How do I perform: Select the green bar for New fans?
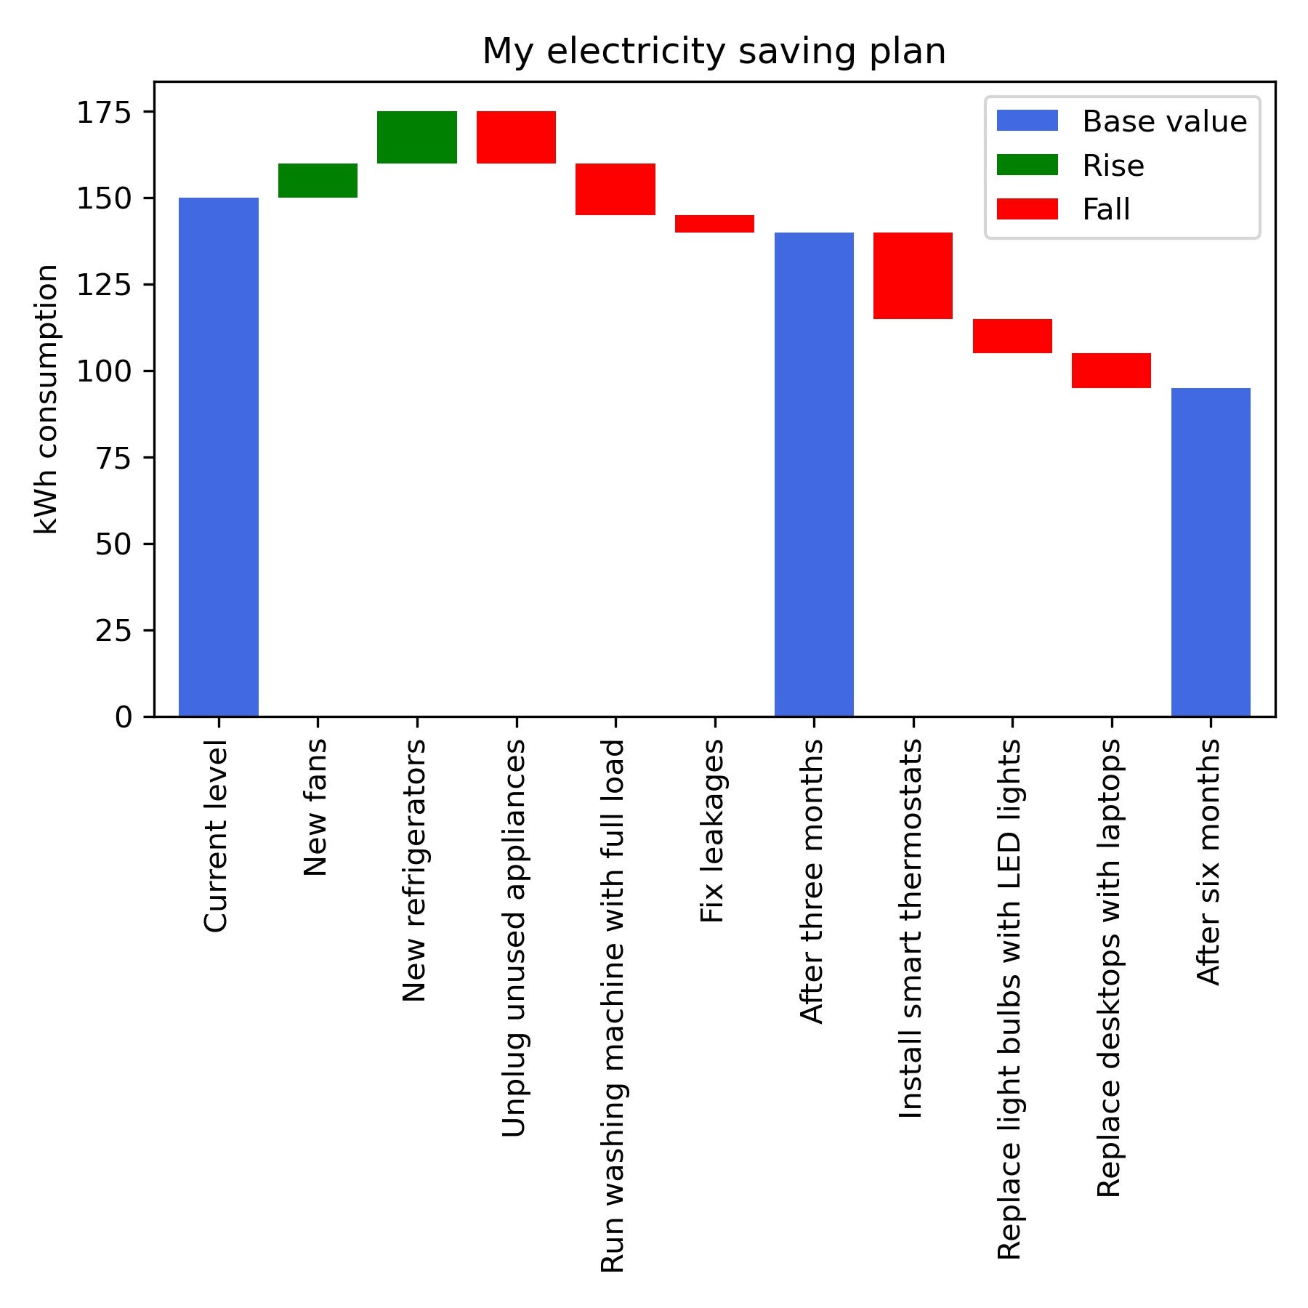(318, 180)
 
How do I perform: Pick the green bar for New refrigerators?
(416, 137)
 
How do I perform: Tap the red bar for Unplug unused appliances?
(516, 137)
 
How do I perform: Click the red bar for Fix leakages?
(714, 223)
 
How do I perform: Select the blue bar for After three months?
(814, 474)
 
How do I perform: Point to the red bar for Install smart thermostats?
(913, 275)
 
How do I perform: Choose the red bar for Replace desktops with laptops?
(1111, 371)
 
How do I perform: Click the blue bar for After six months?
(1211, 552)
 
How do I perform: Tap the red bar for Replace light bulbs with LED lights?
(1012, 336)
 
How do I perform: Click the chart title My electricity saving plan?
(714, 52)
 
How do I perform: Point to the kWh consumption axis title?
(47, 400)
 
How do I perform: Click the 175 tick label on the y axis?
(105, 113)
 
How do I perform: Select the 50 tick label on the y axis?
(113, 544)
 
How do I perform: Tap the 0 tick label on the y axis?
(124, 717)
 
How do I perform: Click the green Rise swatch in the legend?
(1027, 166)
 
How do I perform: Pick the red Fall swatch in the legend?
(1027, 209)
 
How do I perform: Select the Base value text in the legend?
(1164, 122)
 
